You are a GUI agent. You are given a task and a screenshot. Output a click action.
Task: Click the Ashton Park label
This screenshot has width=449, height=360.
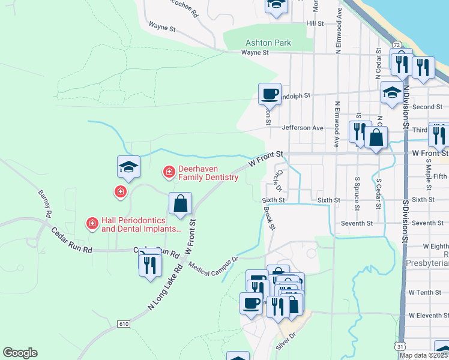[x=268, y=43]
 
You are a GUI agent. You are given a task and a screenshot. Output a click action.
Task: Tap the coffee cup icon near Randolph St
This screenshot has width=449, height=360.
[x=270, y=94]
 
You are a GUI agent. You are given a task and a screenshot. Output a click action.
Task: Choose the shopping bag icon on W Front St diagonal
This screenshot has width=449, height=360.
[x=180, y=204]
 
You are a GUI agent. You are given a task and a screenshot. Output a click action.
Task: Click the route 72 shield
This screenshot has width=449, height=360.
[x=397, y=45]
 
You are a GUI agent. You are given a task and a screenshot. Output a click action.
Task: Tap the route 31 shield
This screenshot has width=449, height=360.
[x=400, y=346]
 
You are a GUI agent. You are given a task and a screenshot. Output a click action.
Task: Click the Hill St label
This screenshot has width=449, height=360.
[x=315, y=23]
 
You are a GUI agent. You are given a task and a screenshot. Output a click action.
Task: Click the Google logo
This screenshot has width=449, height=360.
[x=20, y=353]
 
